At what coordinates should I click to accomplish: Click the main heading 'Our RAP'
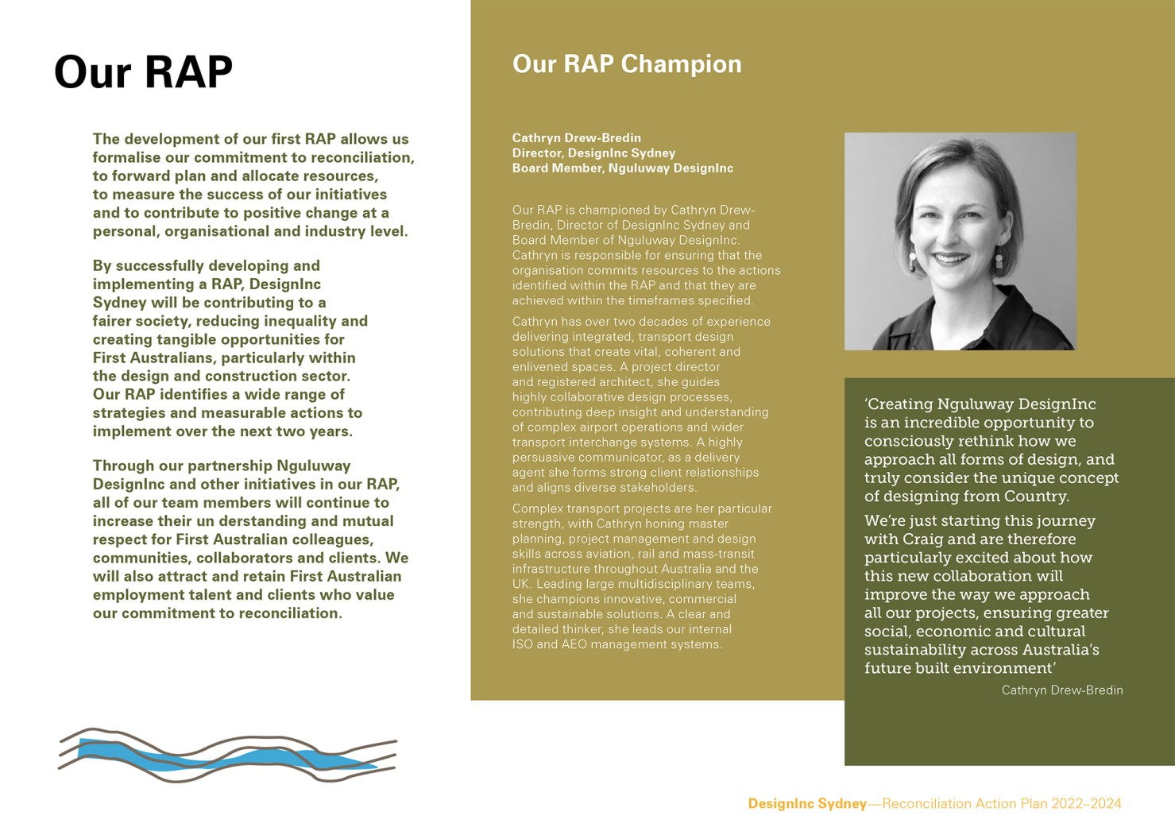point(143,72)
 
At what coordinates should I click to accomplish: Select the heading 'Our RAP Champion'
point(626,64)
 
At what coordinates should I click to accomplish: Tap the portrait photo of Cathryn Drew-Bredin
point(960,241)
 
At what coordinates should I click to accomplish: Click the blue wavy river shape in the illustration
point(230,759)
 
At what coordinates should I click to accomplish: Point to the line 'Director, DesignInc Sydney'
point(593,153)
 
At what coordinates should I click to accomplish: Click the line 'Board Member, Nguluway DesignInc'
point(622,168)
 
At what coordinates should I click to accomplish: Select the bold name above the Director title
point(576,137)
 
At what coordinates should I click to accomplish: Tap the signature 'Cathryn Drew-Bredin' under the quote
point(1061,690)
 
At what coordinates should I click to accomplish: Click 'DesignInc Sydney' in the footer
point(806,803)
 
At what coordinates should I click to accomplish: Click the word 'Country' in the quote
point(1038,497)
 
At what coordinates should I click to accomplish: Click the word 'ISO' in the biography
point(523,644)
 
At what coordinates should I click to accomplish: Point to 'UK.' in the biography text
point(522,584)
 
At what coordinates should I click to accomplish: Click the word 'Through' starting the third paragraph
point(124,466)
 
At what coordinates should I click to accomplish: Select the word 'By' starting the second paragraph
point(102,265)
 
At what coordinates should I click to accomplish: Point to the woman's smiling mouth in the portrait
point(950,259)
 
